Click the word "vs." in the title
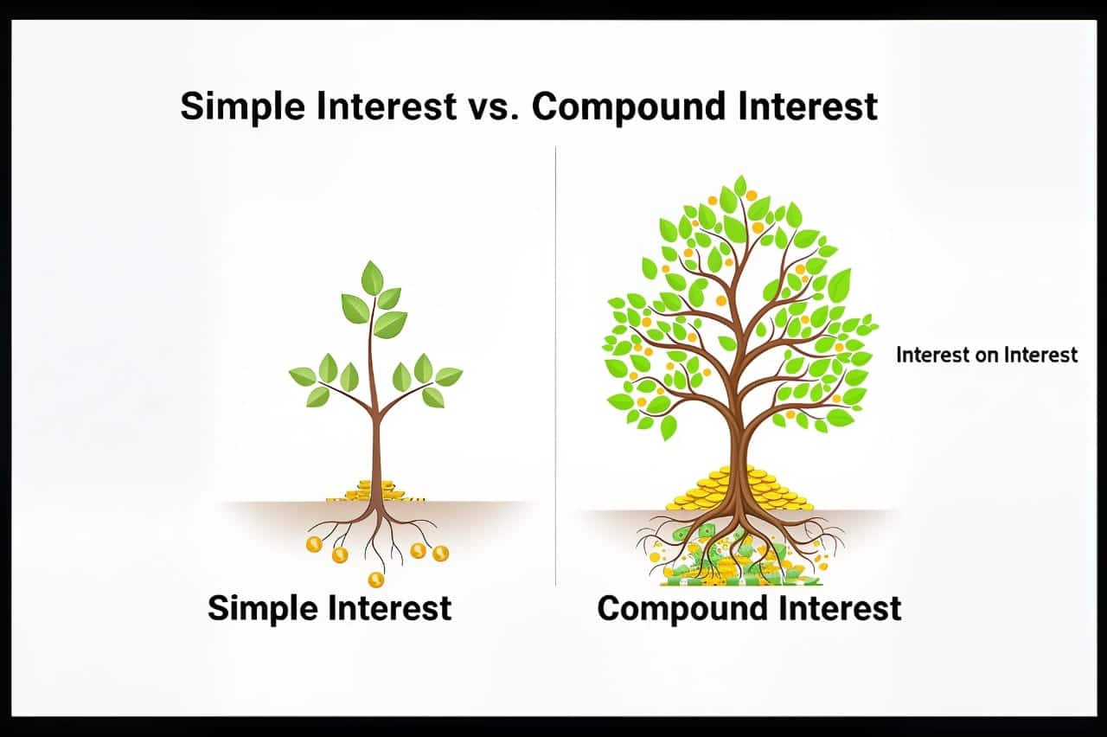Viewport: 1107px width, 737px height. tap(494, 107)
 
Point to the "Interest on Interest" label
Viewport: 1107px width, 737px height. tap(987, 355)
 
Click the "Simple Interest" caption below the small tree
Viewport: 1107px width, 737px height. tap(330, 607)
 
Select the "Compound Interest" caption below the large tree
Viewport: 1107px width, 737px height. tap(749, 608)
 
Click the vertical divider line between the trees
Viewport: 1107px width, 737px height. tap(555, 363)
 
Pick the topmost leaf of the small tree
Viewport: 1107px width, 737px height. tap(373, 278)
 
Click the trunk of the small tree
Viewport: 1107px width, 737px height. tap(375, 450)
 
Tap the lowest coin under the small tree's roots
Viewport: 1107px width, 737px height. tap(375, 579)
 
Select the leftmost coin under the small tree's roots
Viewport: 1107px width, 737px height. tap(314, 544)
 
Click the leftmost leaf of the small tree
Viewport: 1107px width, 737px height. tap(303, 376)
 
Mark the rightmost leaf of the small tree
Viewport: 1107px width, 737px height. tap(448, 376)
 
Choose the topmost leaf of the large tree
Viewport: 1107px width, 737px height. tap(740, 185)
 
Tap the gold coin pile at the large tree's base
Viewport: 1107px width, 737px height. tap(739, 490)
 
